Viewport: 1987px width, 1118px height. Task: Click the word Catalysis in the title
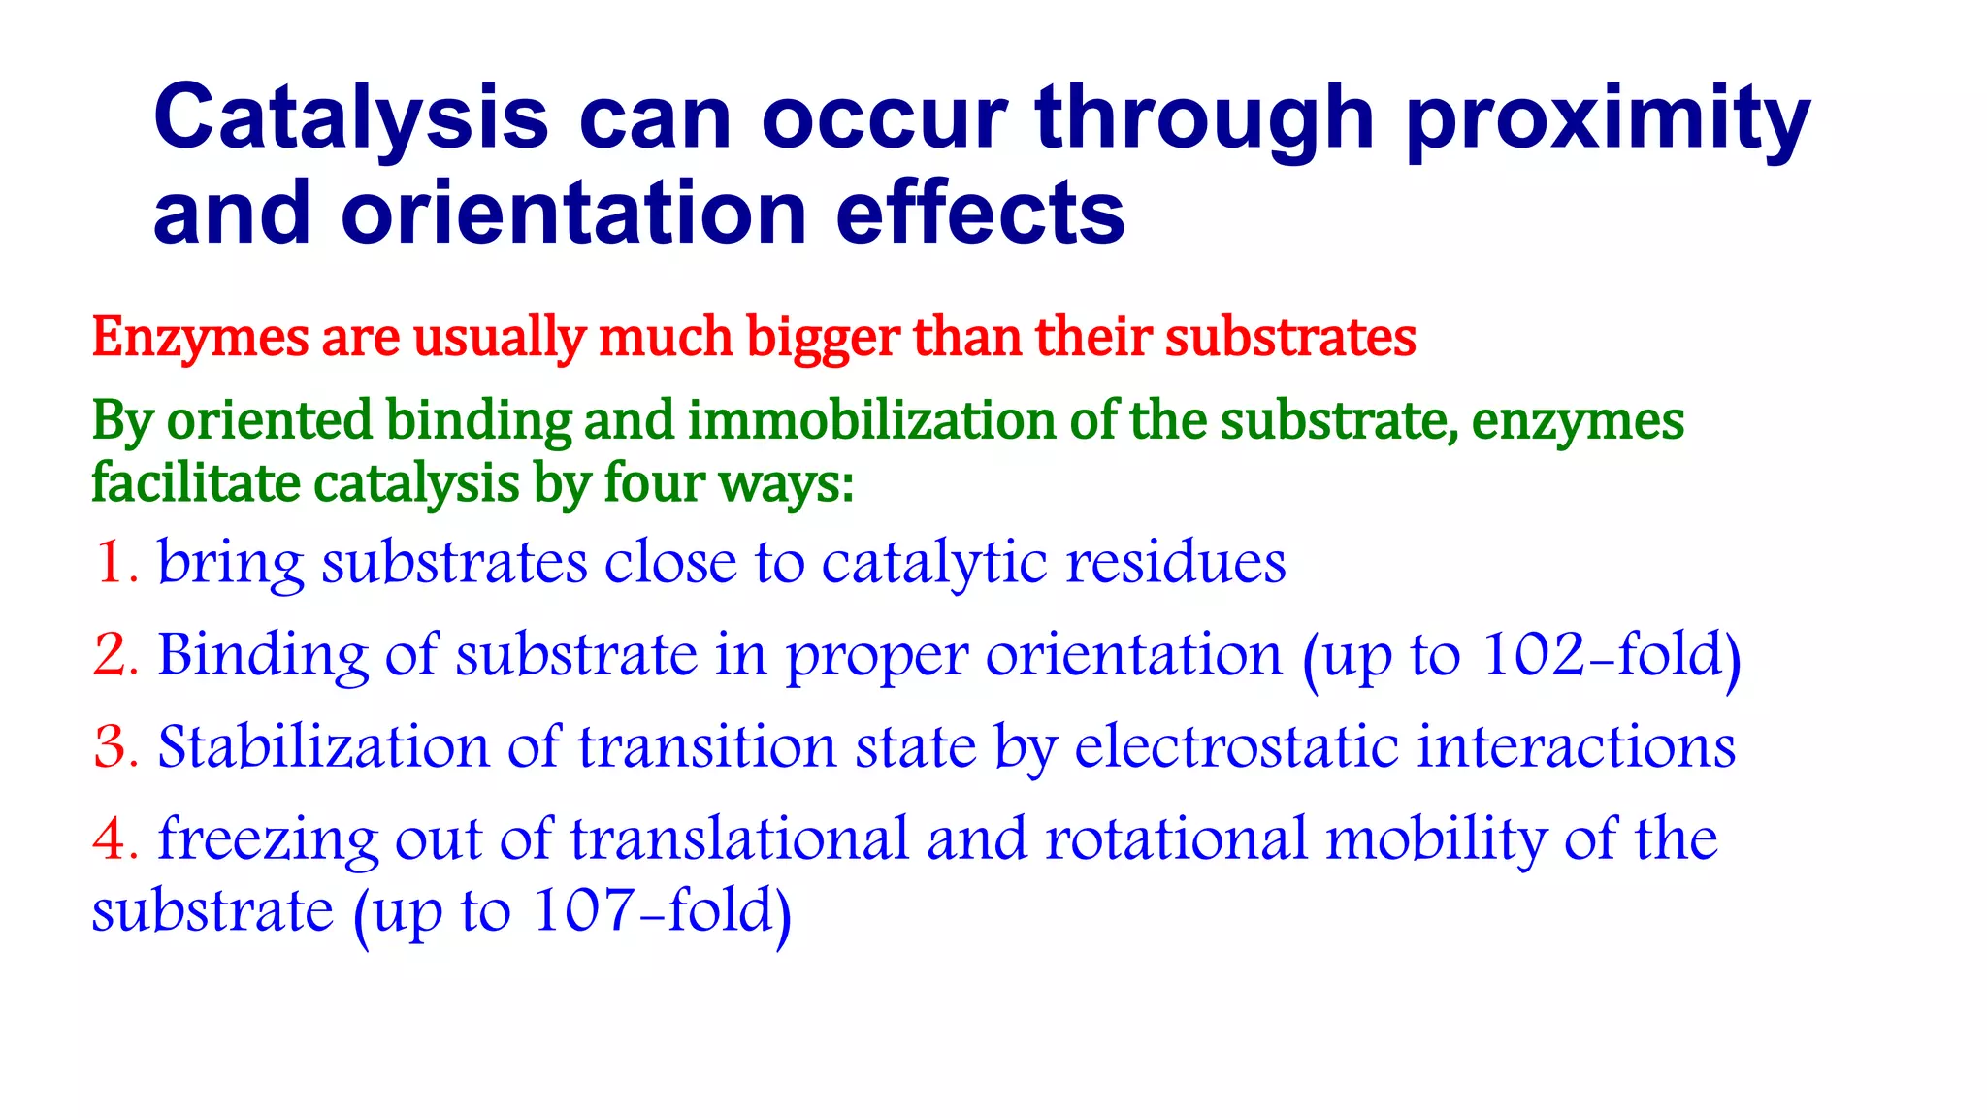pos(350,118)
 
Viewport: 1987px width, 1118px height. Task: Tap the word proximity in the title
pos(1607,118)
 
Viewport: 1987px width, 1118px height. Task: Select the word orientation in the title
pos(574,214)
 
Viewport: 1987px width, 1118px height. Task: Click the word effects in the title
pos(980,214)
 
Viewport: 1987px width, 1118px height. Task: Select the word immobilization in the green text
pos(872,420)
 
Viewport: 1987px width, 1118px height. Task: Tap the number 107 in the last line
pos(582,911)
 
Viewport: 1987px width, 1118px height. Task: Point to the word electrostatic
pos(1236,747)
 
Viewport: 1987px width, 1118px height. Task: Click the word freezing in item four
pos(267,839)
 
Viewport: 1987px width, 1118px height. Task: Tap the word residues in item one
pos(1176,563)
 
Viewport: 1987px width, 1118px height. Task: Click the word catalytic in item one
pos(934,563)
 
